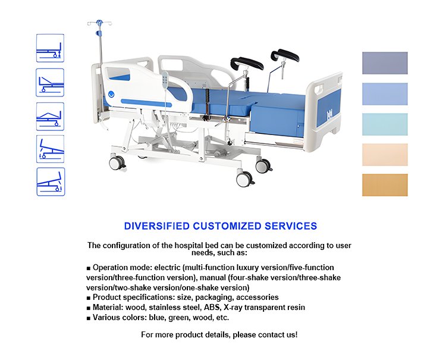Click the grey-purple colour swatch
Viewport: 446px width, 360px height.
[x=385, y=63]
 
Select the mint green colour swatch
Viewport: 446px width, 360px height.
[x=385, y=124]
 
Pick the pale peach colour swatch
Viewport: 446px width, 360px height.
[x=385, y=155]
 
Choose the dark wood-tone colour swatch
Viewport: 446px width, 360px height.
[x=385, y=185]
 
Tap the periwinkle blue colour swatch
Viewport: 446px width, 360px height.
[x=385, y=94]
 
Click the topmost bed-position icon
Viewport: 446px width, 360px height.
[x=50, y=48]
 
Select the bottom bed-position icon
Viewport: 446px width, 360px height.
[x=51, y=182]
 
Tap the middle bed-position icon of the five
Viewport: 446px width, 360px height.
[x=50, y=117]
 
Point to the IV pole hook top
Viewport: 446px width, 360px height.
[x=99, y=22]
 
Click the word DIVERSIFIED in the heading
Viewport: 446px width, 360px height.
[x=157, y=226]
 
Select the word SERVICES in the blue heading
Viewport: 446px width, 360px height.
[x=291, y=226]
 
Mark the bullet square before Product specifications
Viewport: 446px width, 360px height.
[x=89, y=298]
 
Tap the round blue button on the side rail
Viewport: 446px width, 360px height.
[x=111, y=93]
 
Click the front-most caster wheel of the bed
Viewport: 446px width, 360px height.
[x=244, y=179]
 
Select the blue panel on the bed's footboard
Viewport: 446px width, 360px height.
[x=328, y=111]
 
